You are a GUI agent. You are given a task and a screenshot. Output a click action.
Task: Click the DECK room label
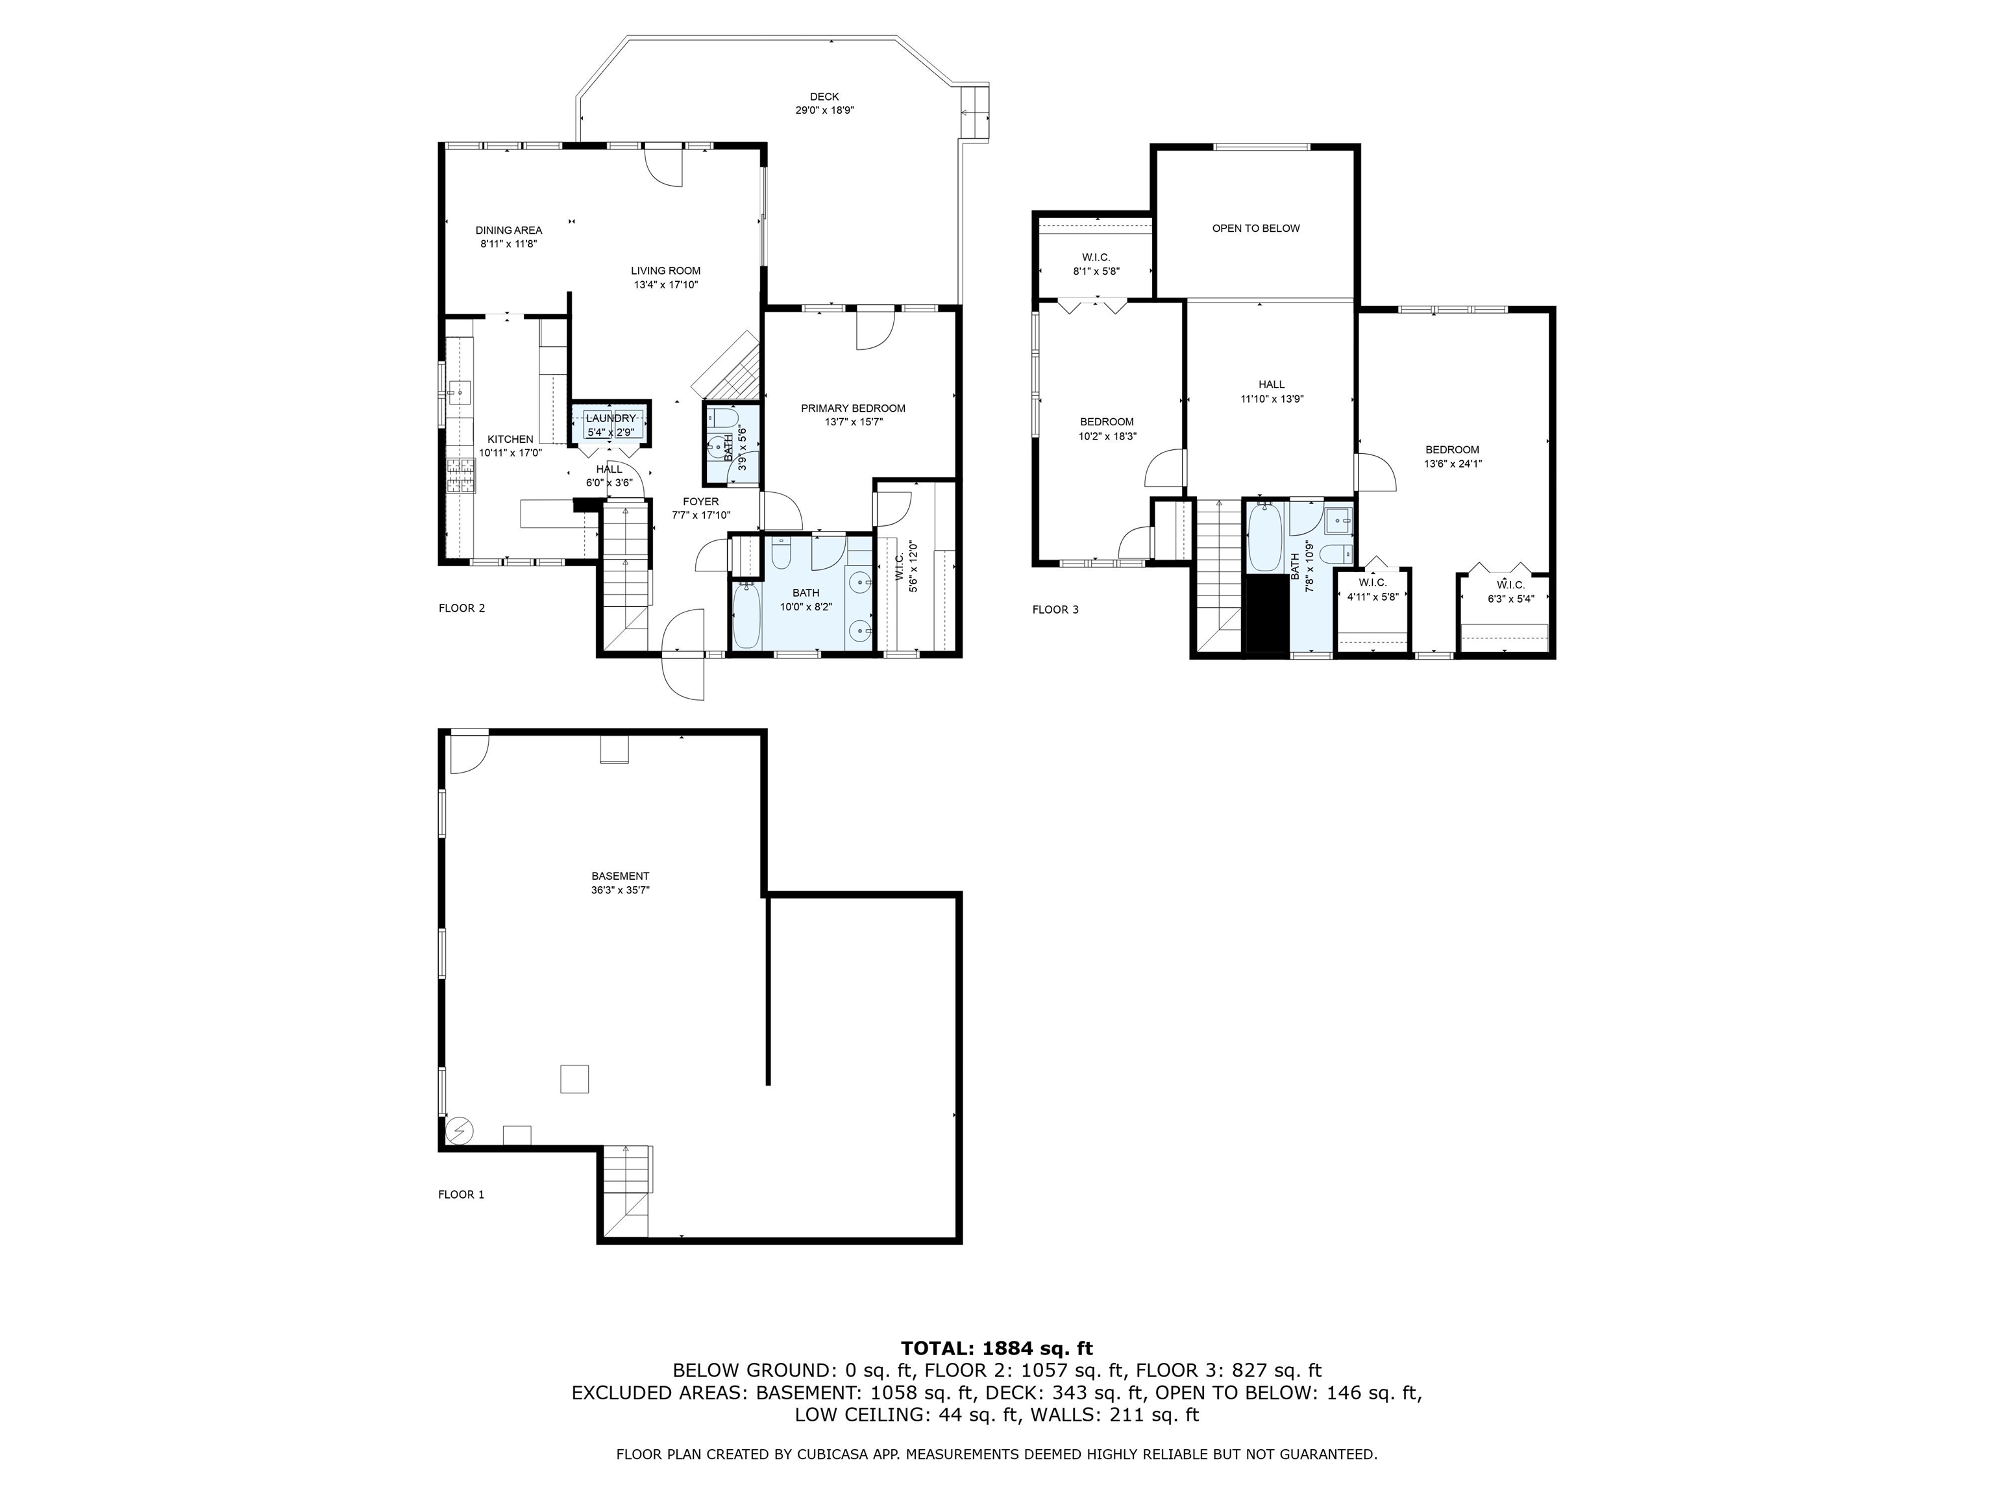click(824, 97)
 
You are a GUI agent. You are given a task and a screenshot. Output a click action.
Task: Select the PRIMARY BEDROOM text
click(853, 408)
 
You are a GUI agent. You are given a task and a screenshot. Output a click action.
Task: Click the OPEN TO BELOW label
click(1256, 228)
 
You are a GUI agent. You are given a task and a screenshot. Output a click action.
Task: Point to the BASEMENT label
click(620, 876)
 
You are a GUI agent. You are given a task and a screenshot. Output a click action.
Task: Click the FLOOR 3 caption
click(1055, 610)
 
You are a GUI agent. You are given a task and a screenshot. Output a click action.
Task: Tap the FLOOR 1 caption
click(461, 1195)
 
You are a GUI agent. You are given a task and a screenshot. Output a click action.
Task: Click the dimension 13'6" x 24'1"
click(1452, 464)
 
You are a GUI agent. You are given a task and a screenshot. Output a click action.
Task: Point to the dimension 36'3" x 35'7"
click(620, 890)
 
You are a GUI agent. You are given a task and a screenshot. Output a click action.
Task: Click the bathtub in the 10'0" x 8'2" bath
click(746, 617)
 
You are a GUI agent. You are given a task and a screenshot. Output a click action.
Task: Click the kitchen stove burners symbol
click(461, 475)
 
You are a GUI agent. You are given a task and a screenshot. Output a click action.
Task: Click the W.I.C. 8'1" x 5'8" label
click(1096, 264)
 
